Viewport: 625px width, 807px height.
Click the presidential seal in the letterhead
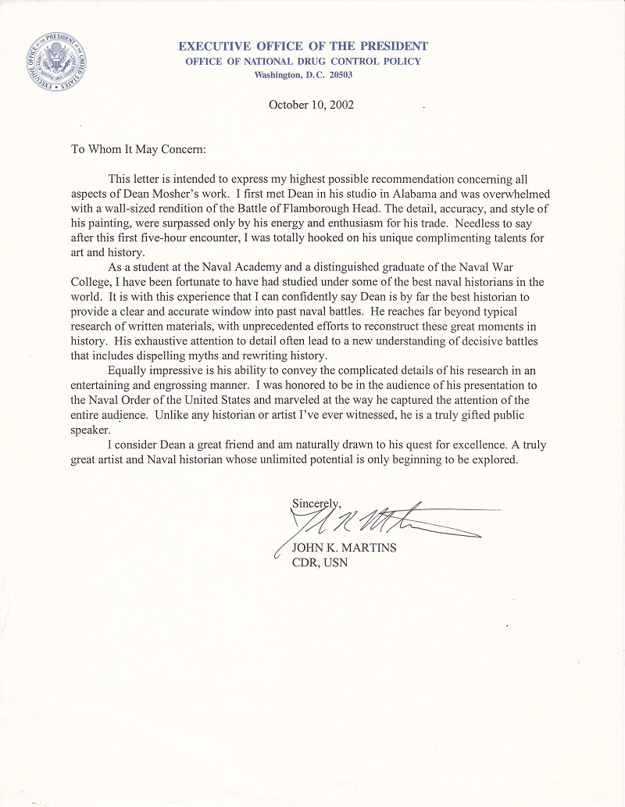(55, 60)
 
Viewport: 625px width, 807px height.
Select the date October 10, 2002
(312, 105)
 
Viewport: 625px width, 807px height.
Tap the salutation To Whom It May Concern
(138, 149)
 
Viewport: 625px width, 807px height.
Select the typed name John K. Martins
(344, 548)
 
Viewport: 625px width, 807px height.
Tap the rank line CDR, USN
(320, 562)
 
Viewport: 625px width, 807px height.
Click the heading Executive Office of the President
(303, 47)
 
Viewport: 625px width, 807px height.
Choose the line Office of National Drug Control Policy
(303, 61)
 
